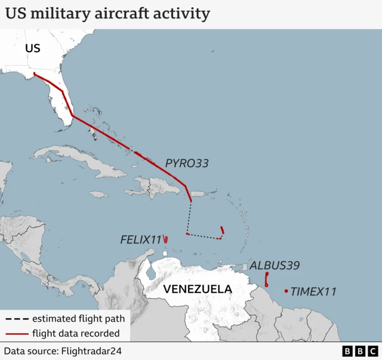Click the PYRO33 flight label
(x=187, y=162)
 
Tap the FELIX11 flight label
(x=141, y=239)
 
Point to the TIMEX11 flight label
(x=313, y=292)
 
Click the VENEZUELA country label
(x=198, y=290)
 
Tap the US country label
(x=33, y=48)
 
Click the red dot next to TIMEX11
(x=286, y=291)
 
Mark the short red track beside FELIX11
(x=165, y=239)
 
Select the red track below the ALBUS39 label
(x=267, y=279)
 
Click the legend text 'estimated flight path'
(x=75, y=318)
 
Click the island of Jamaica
(x=98, y=194)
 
